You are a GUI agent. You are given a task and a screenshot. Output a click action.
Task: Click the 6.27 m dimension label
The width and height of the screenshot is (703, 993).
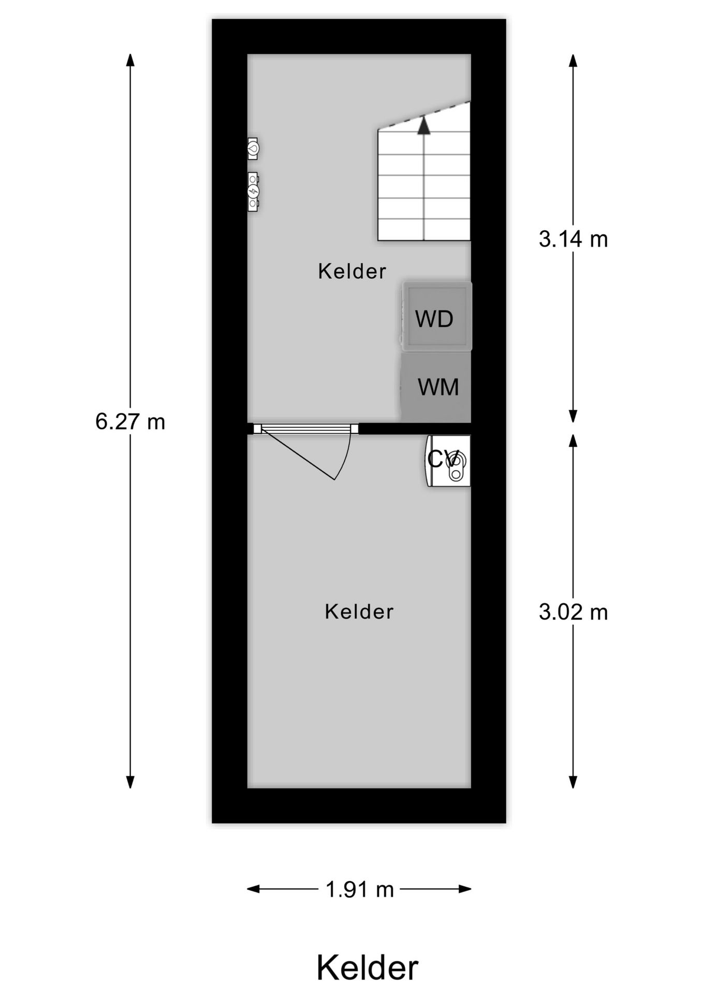pos(130,422)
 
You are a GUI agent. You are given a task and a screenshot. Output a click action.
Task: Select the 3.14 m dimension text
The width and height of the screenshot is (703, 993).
pos(573,239)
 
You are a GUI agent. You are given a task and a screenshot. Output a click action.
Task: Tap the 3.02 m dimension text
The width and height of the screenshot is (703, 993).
pos(573,612)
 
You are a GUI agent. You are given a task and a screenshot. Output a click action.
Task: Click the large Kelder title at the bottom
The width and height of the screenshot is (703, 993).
pos(367,968)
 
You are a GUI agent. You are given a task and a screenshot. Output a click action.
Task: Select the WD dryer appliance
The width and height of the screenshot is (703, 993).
pos(436,317)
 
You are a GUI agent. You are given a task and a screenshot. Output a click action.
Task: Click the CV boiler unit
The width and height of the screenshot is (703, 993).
pos(448,460)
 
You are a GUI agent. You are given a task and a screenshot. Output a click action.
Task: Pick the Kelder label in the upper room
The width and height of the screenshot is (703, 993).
pos(352,272)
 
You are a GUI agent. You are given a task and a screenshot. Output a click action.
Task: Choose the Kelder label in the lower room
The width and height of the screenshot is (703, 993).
pos(359,612)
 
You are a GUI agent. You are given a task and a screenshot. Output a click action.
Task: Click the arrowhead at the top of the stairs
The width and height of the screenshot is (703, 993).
pos(424,126)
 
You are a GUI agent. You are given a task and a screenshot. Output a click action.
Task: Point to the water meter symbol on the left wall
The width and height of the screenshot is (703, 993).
pos(253,148)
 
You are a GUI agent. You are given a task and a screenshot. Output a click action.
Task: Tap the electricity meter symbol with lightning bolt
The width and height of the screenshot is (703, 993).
pos(253,192)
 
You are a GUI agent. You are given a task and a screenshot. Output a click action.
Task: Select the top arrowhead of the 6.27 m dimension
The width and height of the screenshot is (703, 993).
pos(130,59)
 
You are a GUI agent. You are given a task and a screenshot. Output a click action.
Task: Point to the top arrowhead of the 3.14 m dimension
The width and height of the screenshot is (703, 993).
pos(573,60)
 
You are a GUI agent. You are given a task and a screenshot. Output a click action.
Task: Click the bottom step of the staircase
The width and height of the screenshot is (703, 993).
pos(424,230)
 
